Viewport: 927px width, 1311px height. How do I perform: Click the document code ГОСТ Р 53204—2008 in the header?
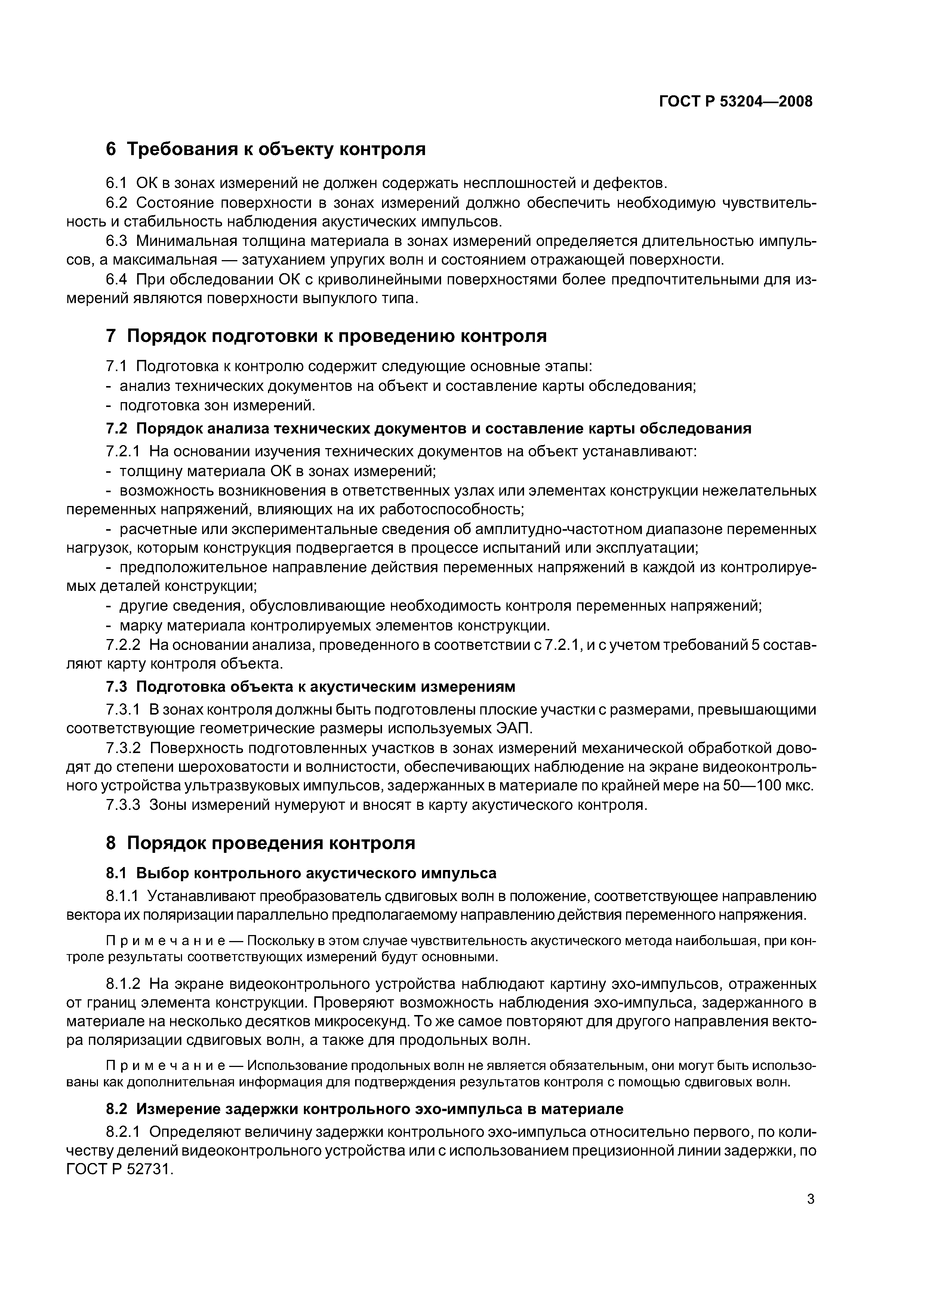pyautogui.click(x=736, y=102)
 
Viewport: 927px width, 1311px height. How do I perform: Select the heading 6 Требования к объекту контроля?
pyautogui.click(x=266, y=149)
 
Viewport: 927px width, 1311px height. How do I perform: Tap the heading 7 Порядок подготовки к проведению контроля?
pyautogui.click(x=326, y=336)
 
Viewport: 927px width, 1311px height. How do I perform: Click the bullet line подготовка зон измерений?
pyautogui.click(x=217, y=405)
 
